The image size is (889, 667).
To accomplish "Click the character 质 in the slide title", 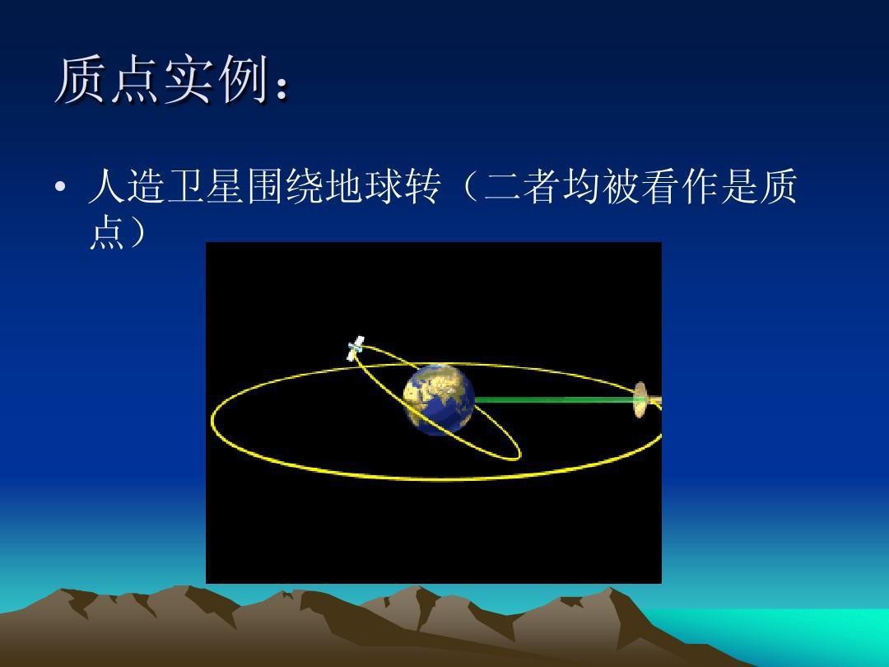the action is pyautogui.click(x=80, y=80).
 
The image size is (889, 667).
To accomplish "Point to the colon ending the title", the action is pyautogui.click(x=282, y=88).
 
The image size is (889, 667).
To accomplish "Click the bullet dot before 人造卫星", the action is pyautogui.click(x=61, y=186).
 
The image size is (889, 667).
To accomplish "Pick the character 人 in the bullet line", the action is pyautogui.click(x=106, y=186).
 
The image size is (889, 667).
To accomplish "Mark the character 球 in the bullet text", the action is pyautogui.click(x=384, y=186).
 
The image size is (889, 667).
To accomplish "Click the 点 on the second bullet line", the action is pyautogui.click(x=106, y=231).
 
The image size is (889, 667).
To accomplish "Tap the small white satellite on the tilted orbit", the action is pyautogui.click(x=356, y=347).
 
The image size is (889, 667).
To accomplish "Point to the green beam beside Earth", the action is pyautogui.click(x=556, y=400).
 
